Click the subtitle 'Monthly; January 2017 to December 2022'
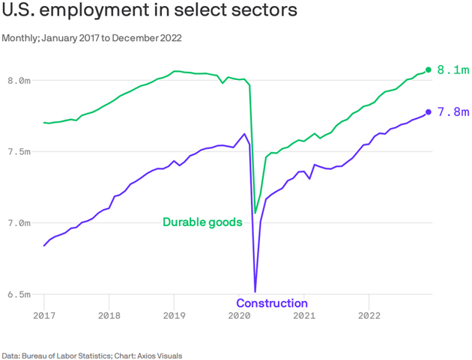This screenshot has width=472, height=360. pyautogui.click(x=91, y=38)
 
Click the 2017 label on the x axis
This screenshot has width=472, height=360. pyautogui.click(x=43, y=316)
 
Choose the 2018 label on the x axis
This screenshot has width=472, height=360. pyautogui.click(x=109, y=316)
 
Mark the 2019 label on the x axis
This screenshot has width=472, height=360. pyautogui.click(x=174, y=316)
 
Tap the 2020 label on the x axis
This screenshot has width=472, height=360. pyautogui.click(x=239, y=316)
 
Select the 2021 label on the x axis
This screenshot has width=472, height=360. pyautogui.click(x=303, y=316)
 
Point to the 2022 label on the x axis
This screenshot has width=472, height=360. pyautogui.click(x=369, y=316)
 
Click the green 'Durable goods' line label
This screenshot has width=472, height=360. pyautogui.click(x=202, y=222)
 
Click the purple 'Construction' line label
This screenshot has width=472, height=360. pyautogui.click(x=272, y=303)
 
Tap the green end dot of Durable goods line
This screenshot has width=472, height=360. pyautogui.click(x=429, y=70)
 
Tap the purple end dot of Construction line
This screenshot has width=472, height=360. pyautogui.click(x=429, y=112)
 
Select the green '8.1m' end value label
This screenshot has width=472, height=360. pyautogui.click(x=453, y=70)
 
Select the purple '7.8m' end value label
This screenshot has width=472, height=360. pyautogui.click(x=453, y=112)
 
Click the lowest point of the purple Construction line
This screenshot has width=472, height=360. pyautogui.click(x=255, y=291)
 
